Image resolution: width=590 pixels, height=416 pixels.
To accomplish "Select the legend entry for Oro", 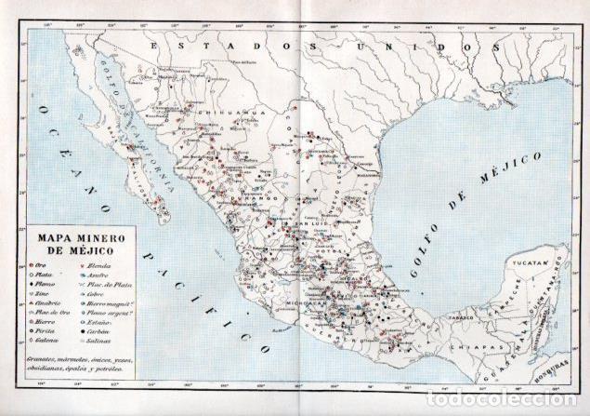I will click(41, 263).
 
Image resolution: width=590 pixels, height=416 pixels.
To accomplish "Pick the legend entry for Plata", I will click(43, 275).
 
